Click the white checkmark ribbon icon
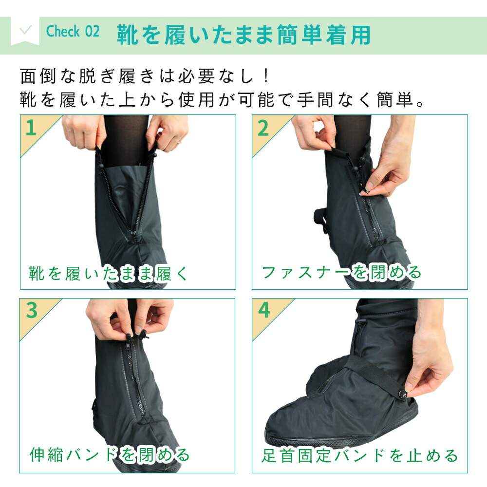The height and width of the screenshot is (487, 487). click(25, 31)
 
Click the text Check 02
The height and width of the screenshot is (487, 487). click(73, 31)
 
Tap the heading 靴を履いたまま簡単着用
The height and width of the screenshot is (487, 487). click(243, 35)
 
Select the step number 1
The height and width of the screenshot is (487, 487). click(31, 128)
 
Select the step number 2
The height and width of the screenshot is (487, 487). click(263, 128)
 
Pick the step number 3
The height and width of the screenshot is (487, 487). click(32, 310)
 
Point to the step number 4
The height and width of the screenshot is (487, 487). click(264, 310)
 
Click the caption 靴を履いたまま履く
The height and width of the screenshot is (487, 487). click(109, 274)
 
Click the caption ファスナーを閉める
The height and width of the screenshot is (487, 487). click(341, 272)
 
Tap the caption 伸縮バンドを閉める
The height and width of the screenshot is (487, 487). click(110, 455)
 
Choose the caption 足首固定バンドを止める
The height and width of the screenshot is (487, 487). click(360, 456)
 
